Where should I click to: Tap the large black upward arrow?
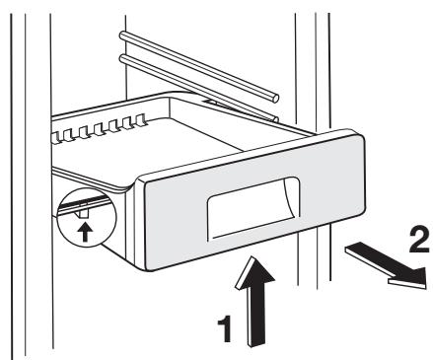[x=255, y=305]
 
